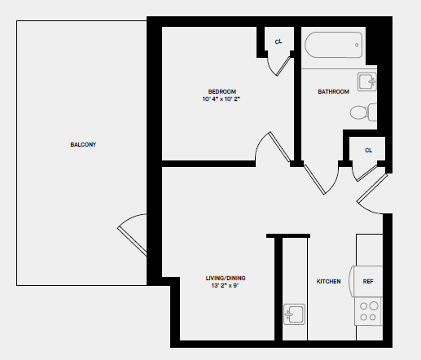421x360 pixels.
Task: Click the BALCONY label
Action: (x=83, y=145)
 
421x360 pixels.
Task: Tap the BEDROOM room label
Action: (x=221, y=90)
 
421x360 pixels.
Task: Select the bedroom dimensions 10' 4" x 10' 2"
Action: (x=221, y=99)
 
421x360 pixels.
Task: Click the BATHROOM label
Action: (x=333, y=92)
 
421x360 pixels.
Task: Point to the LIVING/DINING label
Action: (x=226, y=279)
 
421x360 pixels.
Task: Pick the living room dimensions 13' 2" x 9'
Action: (x=226, y=287)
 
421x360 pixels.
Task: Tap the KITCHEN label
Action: (x=328, y=282)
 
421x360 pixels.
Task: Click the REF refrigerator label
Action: (x=368, y=282)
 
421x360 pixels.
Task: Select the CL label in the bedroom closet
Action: (x=278, y=42)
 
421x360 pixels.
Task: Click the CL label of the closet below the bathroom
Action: (x=368, y=150)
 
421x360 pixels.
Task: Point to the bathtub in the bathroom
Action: (x=333, y=46)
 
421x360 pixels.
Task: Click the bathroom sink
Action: (x=368, y=81)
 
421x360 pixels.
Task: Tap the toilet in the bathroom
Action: (x=363, y=112)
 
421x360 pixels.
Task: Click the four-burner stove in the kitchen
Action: (x=369, y=312)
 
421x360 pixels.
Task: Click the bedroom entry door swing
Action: (x=272, y=148)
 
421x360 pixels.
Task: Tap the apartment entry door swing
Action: (x=373, y=195)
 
